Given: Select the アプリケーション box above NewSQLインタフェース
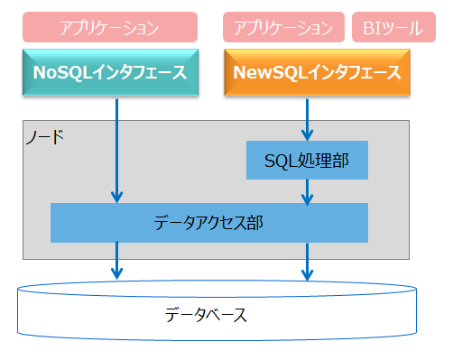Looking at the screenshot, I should tap(283, 28).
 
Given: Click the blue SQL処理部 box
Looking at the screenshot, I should tap(307, 161).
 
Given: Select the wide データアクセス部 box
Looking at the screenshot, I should tap(208, 222).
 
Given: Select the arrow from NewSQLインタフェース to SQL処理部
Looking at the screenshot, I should tap(309, 117).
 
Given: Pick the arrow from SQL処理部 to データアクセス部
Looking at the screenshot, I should tap(309, 190).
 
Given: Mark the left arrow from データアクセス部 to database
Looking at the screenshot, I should tap(116, 261).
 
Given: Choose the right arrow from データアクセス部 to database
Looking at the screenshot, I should tap(309, 261).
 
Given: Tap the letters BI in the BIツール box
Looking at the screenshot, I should tap(371, 28).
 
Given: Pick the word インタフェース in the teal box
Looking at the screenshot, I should tap(146, 72).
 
